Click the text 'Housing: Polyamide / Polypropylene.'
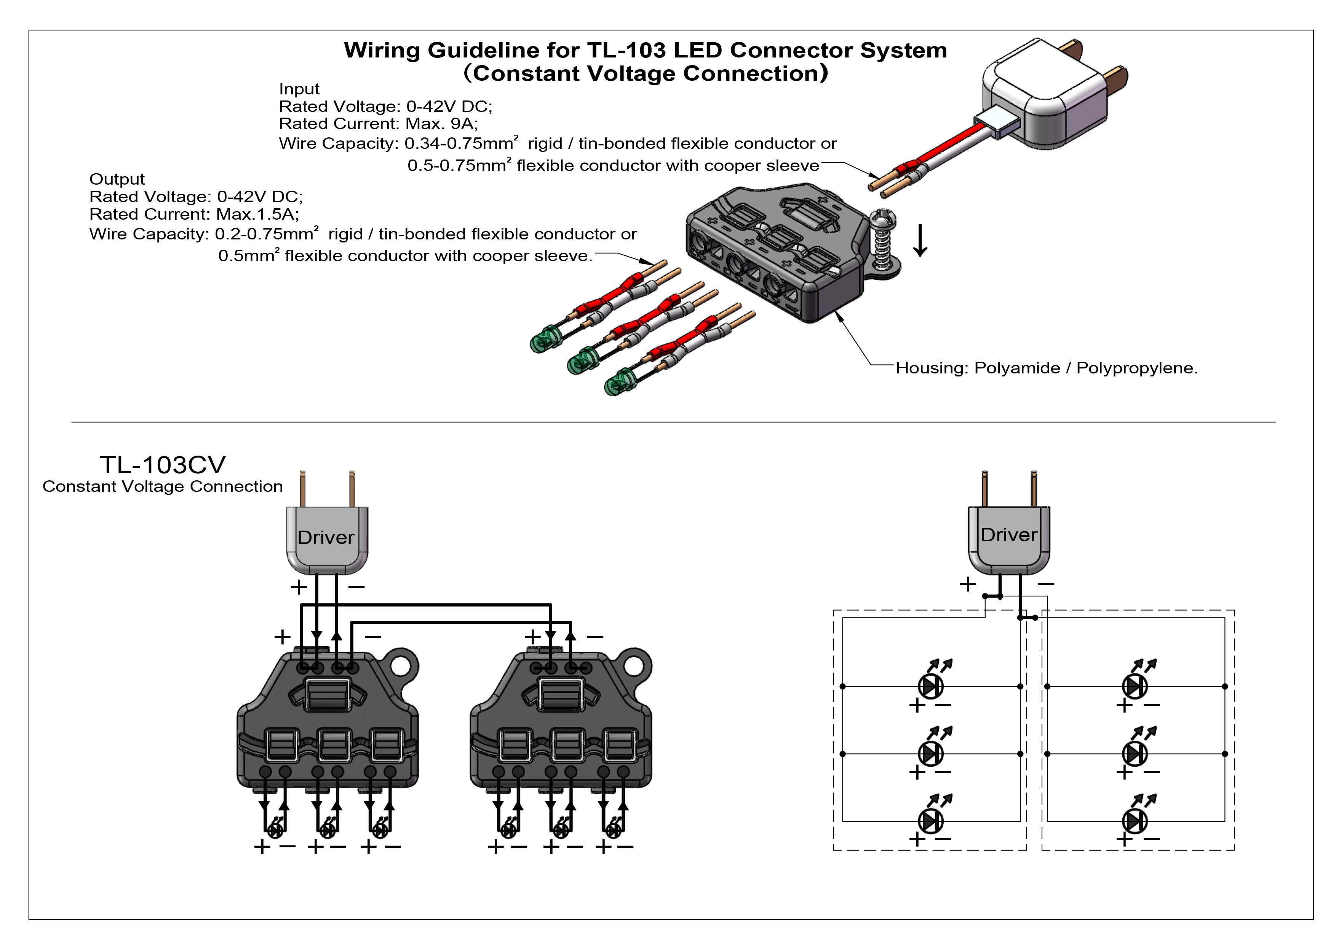click(1046, 368)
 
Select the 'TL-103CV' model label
click(162, 465)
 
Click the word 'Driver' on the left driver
click(326, 537)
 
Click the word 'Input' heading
click(299, 89)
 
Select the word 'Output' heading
click(117, 179)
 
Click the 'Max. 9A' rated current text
click(441, 124)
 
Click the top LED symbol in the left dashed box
click(930, 686)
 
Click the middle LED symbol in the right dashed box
click(1135, 754)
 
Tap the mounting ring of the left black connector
click(400, 667)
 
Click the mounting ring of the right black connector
click(634, 667)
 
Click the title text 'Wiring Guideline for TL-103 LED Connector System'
click(645, 51)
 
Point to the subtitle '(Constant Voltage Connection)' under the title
click(645, 74)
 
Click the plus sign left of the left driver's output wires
click(299, 587)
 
